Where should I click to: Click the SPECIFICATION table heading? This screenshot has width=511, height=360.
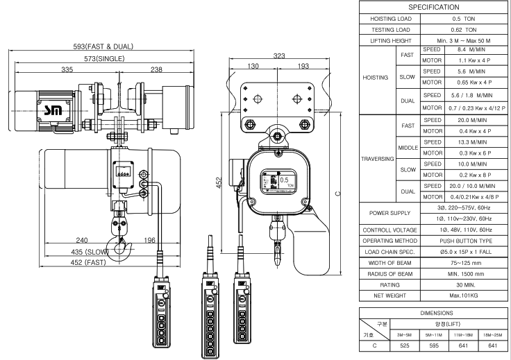[434, 7]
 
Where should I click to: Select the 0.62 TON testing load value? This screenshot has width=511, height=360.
[464, 30]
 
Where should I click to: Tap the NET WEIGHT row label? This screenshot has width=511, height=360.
[389, 296]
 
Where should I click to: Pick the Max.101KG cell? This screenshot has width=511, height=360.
[463, 296]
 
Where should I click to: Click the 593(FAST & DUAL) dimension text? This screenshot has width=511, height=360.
[103, 46]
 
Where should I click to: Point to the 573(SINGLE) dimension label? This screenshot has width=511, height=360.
[104, 59]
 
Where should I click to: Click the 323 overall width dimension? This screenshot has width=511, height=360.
[279, 56]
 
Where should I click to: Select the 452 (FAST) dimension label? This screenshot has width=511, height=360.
[88, 263]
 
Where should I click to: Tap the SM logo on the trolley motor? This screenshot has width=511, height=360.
[53, 111]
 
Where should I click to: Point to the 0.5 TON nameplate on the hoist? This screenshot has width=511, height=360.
[278, 182]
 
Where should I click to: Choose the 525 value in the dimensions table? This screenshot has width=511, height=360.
[405, 345]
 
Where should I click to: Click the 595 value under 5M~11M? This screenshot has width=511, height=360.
[434, 345]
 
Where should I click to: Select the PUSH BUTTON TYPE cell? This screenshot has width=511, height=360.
[466, 241]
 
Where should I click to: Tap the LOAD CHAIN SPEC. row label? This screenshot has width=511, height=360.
[389, 252]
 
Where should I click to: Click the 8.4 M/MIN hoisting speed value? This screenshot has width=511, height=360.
[471, 50]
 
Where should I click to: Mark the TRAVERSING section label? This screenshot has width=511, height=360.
[378, 159]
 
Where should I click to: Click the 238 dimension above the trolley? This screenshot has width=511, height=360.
[156, 69]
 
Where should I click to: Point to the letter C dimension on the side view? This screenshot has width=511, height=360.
[338, 194]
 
